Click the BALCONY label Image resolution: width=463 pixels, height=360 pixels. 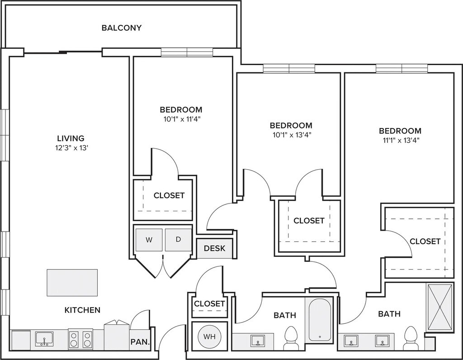coord(122,28)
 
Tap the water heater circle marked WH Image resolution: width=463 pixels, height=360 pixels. coord(209,336)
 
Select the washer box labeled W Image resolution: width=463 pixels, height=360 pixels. coord(149,240)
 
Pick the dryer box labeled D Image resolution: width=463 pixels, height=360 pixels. coord(178,240)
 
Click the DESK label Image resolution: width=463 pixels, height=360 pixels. coord(215,248)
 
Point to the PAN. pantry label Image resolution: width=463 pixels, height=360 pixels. coord(140,342)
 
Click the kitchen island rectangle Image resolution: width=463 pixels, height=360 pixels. coord(72,283)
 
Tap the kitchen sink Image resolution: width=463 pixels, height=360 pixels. coord(44,339)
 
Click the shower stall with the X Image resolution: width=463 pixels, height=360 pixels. coord(439,308)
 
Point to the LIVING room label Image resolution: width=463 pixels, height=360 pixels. coord(71,138)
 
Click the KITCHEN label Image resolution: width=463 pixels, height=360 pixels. coord(82,310)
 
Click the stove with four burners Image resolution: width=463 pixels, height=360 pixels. coord(80,338)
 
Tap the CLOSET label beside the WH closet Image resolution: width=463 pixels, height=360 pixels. coord(209,303)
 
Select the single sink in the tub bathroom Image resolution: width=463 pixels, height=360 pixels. coord(258,341)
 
